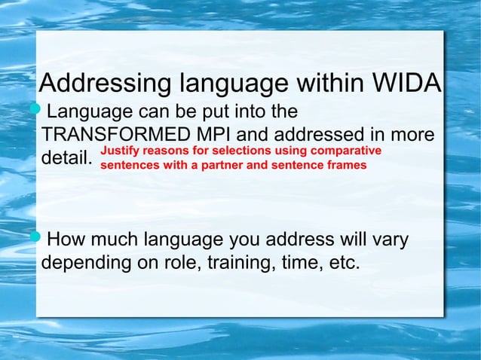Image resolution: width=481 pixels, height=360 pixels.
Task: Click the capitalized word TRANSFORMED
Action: tap(115, 136)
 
